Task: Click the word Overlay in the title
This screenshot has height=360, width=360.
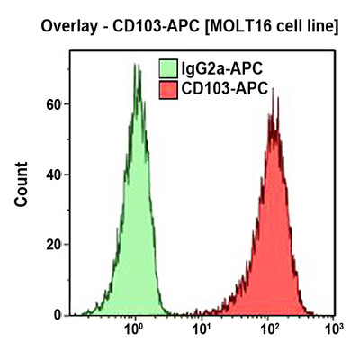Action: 68,28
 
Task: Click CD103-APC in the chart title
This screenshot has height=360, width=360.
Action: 149,28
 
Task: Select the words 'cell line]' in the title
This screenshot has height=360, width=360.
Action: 302,28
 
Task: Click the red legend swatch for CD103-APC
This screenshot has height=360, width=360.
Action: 167,89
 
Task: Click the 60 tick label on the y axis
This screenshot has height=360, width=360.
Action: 53,104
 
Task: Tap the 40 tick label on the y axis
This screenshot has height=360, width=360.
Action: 53,175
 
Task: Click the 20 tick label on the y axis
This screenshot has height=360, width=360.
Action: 53,245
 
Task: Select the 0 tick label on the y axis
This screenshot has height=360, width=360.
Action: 57,315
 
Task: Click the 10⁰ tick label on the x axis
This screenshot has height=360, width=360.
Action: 134,330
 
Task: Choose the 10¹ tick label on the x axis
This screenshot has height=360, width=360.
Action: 201,330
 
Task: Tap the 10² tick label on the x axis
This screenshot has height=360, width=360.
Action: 267,330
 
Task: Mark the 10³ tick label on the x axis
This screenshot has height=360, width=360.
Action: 333,330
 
